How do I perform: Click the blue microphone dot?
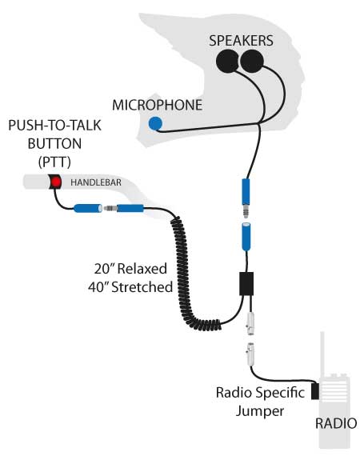pyautogui.click(x=155, y=123)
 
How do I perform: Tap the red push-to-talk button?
pyautogui.click(x=55, y=182)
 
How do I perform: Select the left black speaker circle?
pyautogui.click(x=228, y=61)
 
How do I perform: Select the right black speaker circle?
pyautogui.click(x=252, y=61)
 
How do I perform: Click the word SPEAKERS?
pyautogui.click(x=241, y=41)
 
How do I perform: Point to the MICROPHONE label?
pyautogui.click(x=157, y=105)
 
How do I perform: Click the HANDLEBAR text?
pyautogui.click(x=96, y=182)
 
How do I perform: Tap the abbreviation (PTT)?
pyautogui.click(x=54, y=162)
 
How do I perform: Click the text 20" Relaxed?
pyautogui.click(x=130, y=269)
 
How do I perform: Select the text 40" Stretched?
pyautogui.click(x=130, y=287)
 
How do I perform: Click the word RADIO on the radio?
pyautogui.click(x=336, y=423)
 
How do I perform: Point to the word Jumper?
pyautogui.click(x=260, y=411)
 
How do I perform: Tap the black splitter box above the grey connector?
pyautogui.click(x=246, y=284)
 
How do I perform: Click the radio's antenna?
pyautogui.click(x=322, y=354)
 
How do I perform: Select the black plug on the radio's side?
pyautogui.click(x=315, y=391)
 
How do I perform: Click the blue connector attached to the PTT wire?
pyautogui.click(x=88, y=208)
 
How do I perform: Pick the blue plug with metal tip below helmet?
pyautogui.click(x=246, y=198)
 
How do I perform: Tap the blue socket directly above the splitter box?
pyautogui.click(x=246, y=236)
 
